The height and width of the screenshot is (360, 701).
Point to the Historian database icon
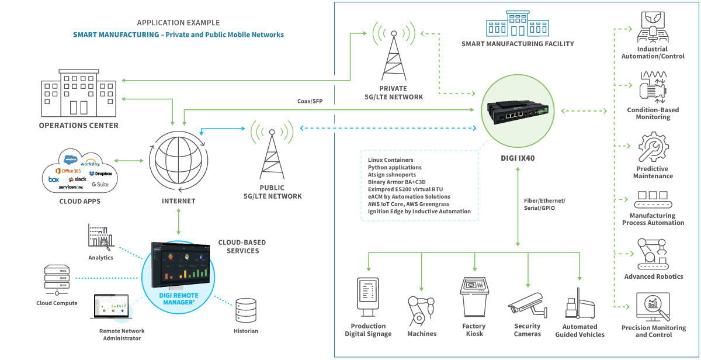pyautogui.click(x=245, y=311)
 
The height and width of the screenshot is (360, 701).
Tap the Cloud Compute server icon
pyautogui.click(x=57, y=280)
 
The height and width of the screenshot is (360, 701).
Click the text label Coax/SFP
pyautogui.click(x=310, y=101)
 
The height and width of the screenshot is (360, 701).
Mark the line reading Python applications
pyautogui.click(x=394, y=167)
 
